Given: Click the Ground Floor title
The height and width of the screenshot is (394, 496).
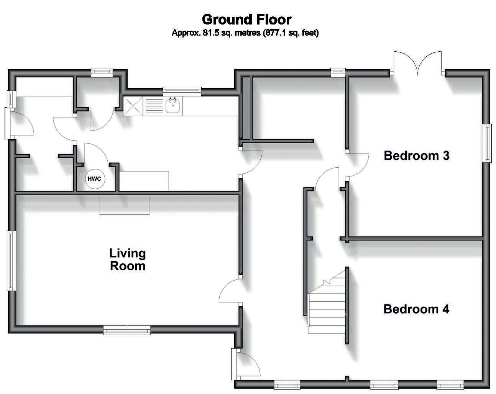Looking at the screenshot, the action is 246,19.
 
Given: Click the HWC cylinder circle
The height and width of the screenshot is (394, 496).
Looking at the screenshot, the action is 94,179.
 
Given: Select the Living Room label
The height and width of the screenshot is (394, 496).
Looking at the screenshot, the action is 128,259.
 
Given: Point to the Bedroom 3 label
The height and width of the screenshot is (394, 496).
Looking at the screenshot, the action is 416,156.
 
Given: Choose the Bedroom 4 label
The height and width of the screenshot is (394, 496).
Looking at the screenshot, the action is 416,309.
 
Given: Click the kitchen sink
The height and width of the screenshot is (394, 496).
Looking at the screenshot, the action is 174,105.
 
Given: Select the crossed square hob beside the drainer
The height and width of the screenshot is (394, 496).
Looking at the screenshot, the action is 132,106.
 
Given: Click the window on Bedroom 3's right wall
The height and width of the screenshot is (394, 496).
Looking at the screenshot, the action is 487,143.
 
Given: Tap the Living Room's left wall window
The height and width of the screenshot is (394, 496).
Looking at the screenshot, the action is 11,260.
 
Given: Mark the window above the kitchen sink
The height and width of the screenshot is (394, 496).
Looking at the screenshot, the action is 182,90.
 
